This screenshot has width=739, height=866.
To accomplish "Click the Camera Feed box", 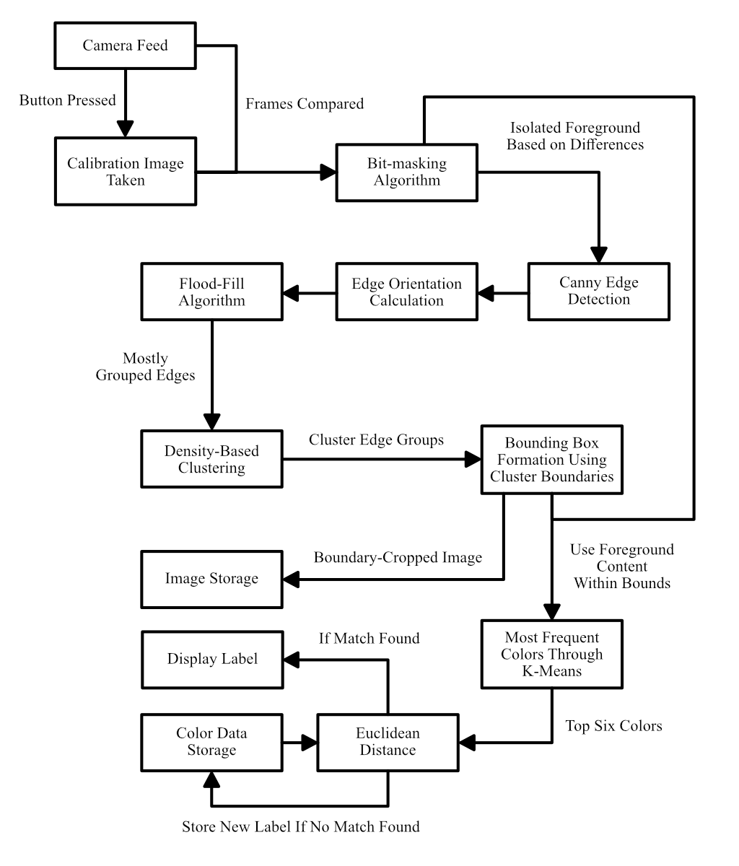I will (125, 46).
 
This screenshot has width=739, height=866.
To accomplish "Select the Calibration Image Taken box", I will (126, 172).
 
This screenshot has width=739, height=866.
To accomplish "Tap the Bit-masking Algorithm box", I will (406, 172).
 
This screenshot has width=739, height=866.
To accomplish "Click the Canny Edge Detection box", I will (598, 291).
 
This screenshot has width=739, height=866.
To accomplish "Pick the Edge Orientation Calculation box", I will (406, 292).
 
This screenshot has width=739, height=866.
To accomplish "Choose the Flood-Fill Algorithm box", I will (211, 292).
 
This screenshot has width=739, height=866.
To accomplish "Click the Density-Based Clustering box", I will (211, 460).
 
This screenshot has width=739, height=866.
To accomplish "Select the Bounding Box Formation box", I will (551, 460).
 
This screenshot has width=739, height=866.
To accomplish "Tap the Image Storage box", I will (211, 579).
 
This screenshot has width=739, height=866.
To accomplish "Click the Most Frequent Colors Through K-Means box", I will (551, 655).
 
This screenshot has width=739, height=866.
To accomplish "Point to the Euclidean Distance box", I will (388, 742).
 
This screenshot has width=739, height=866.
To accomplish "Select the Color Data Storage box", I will (211, 742).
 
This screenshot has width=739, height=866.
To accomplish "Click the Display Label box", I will (211, 659).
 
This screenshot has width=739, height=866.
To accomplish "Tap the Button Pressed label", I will (67, 100).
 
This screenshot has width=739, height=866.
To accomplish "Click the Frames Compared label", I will (304, 104).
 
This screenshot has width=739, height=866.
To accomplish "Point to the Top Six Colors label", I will (613, 726).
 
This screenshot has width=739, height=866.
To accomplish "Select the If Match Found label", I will (369, 638).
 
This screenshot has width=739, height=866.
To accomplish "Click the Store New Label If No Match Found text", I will (300, 826).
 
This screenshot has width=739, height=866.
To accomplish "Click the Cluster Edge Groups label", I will (376, 439).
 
